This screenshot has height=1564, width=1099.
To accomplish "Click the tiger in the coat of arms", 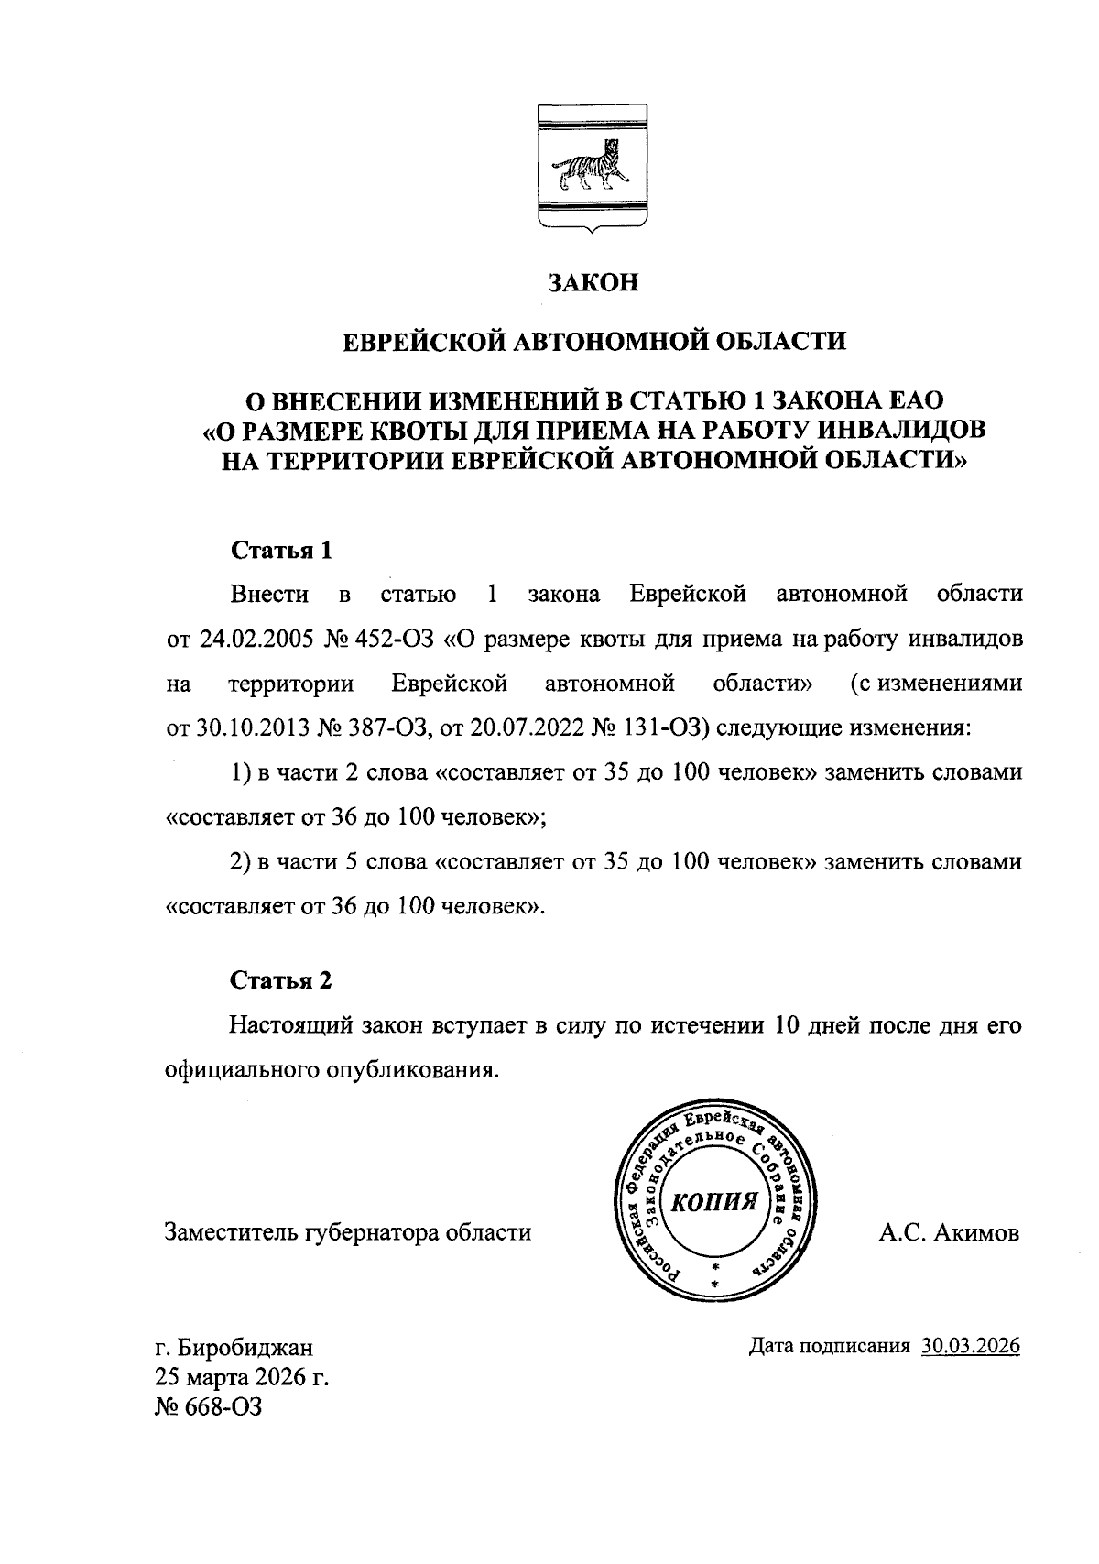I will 589,170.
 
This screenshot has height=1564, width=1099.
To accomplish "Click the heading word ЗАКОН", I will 592,282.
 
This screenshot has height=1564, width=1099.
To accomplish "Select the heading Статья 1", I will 280,551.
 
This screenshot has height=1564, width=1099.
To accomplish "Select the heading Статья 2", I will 280,980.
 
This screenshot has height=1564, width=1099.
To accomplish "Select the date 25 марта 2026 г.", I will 241,1377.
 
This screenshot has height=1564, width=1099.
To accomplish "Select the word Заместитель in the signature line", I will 229,1233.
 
